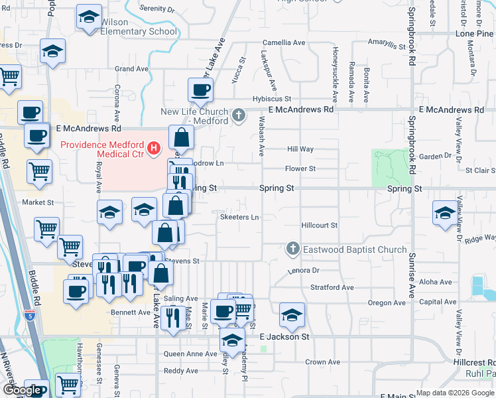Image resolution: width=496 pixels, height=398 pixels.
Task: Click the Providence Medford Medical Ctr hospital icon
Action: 155,147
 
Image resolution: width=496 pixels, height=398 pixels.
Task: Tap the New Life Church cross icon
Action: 239,117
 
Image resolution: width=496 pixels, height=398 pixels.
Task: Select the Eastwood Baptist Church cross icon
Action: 292,249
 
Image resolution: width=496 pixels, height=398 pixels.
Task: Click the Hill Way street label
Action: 300,150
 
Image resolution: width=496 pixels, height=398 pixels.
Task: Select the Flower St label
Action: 300,168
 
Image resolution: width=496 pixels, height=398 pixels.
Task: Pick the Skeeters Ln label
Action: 239,217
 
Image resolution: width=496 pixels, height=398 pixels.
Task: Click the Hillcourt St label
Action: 320,226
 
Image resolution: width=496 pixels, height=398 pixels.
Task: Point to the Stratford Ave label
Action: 332,287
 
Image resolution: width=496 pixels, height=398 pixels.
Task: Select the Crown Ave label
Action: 322,362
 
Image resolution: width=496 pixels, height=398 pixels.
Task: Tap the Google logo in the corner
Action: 22,390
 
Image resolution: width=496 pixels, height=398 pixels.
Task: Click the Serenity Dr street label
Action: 157,10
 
